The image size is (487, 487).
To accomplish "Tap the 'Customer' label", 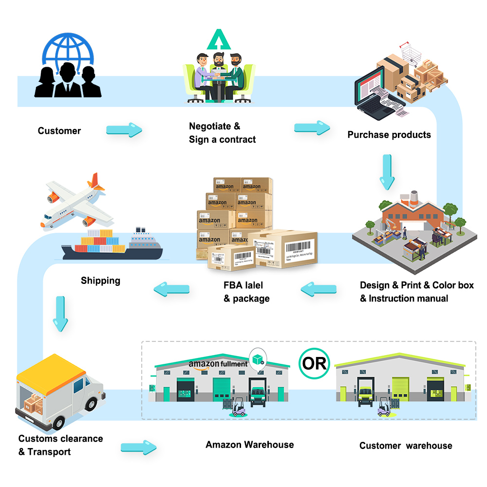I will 59,131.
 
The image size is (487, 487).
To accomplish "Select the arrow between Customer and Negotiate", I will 124,130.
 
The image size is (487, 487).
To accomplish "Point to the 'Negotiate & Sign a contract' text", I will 222,133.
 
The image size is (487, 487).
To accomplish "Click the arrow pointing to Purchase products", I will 312,128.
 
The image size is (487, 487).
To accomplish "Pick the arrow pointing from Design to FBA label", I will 318,290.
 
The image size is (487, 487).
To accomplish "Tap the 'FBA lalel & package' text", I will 246,292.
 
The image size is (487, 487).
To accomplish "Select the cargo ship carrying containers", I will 112,244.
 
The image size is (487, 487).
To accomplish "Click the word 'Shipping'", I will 100,281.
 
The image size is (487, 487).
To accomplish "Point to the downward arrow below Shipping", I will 61,314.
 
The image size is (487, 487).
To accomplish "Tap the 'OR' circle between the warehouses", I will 314,363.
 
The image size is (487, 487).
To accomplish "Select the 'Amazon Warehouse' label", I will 249,445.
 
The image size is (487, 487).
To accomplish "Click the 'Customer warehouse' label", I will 405,446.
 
